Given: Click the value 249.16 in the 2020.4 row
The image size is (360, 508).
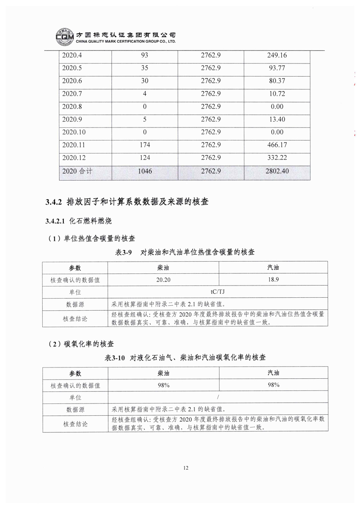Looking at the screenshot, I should pyautogui.click(x=277, y=56).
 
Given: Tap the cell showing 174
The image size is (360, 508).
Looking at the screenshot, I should pyautogui.click(x=144, y=145).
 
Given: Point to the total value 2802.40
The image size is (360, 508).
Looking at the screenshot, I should pyautogui.click(x=277, y=171).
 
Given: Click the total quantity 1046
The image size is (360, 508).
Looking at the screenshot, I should pyautogui.click(x=144, y=171).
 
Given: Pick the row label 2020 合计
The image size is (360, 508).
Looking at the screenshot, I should pyautogui.click(x=79, y=171).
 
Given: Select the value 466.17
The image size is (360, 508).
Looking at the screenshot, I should pyautogui.click(x=277, y=145).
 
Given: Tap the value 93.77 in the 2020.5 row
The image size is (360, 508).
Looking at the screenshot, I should pyautogui.click(x=277, y=68).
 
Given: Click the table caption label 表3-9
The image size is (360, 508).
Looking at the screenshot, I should pyautogui.click(x=124, y=252).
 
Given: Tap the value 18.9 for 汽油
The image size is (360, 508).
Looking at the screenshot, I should pyautogui.click(x=273, y=280).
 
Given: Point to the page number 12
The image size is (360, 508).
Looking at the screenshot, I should pyautogui.click(x=186, y=467).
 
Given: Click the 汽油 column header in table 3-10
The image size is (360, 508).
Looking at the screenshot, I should pyautogui.click(x=273, y=373).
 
